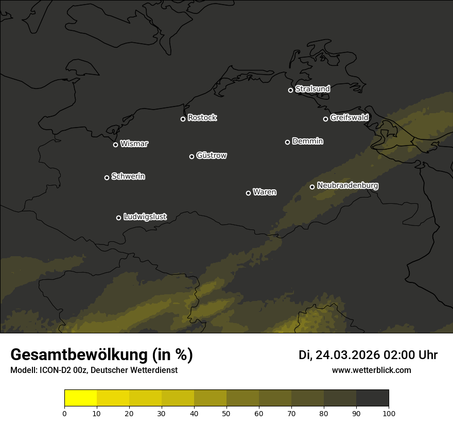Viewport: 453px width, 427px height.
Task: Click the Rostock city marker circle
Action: pyautogui.click(x=183, y=119)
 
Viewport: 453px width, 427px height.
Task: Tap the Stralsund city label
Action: pyautogui.click(x=312, y=89)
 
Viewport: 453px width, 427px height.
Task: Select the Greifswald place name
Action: pyautogui.click(x=349, y=118)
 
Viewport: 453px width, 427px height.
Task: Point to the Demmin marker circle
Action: pyautogui.click(x=287, y=142)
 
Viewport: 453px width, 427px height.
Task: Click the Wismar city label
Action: pyautogui.click(x=134, y=144)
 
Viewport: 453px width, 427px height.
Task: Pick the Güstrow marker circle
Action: pyautogui.click(x=191, y=156)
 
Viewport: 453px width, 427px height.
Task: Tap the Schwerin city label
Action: pyautogui.click(x=128, y=176)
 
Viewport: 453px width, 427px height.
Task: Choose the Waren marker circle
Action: pyautogui.click(x=248, y=193)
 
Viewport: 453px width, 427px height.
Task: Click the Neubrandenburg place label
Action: pyautogui.click(x=347, y=186)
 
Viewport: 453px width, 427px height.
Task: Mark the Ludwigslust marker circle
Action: pyautogui.click(x=118, y=218)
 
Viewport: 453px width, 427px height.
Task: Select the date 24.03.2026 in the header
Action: pyautogui.click(x=347, y=355)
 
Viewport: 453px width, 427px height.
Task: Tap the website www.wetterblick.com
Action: pyautogui.click(x=371, y=370)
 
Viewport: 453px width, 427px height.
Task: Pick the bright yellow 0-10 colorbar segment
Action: pyautogui.click(x=80, y=398)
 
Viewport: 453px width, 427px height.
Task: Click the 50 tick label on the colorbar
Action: pyautogui.click(x=226, y=413)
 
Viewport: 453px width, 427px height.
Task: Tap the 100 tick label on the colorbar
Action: pyautogui.click(x=389, y=413)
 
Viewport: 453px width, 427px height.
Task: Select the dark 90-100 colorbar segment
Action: pyautogui.click(x=372, y=398)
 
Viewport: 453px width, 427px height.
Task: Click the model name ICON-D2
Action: pyautogui.click(x=52, y=370)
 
